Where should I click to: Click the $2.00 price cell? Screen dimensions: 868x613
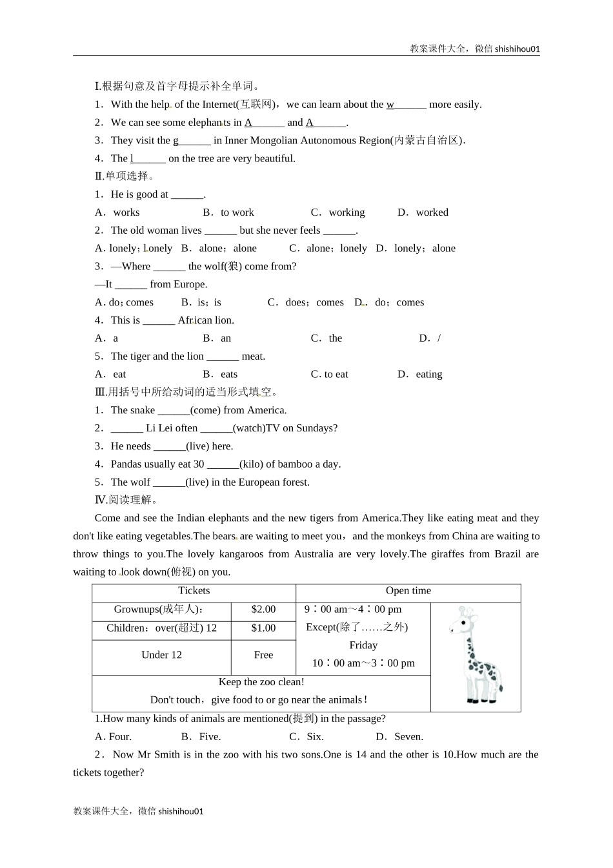pyautogui.click(x=263, y=610)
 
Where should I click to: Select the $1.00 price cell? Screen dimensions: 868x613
pyautogui.click(x=263, y=628)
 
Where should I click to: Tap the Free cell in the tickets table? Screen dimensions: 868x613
pyautogui.click(x=263, y=656)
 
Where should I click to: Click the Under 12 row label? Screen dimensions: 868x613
pyautogui.click(x=161, y=656)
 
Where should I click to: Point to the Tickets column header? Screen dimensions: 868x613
pyautogui.click(x=194, y=591)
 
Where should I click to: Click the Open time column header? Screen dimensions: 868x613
pyautogui.click(x=408, y=591)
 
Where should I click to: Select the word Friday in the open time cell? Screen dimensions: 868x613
pyautogui.click(x=363, y=645)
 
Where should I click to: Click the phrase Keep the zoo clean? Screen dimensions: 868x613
pyautogui.click(x=261, y=683)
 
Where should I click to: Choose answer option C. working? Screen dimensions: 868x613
pyautogui.click(x=338, y=212)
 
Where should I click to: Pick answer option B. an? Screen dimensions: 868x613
pyautogui.click(x=217, y=338)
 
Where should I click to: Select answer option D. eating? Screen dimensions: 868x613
pyautogui.click(x=420, y=375)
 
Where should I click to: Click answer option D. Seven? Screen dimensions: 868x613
pyautogui.click(x=399, y=737)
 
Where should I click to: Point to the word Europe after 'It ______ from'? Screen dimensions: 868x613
pyautogui.click(x=189, y=285)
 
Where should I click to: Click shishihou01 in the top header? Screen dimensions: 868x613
pyautogui.click(x=517, y=48)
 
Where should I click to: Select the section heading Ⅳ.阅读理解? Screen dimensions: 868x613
pyautogui.click(x=126, y=500)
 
